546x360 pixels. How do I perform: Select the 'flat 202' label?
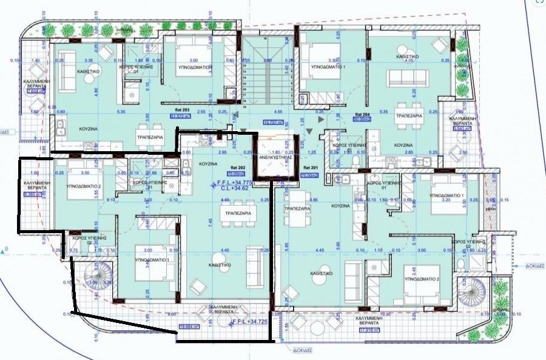(237, 166)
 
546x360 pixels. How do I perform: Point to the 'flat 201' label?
(311, 167)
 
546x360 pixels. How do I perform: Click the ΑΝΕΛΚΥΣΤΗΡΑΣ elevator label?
(275, 157)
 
